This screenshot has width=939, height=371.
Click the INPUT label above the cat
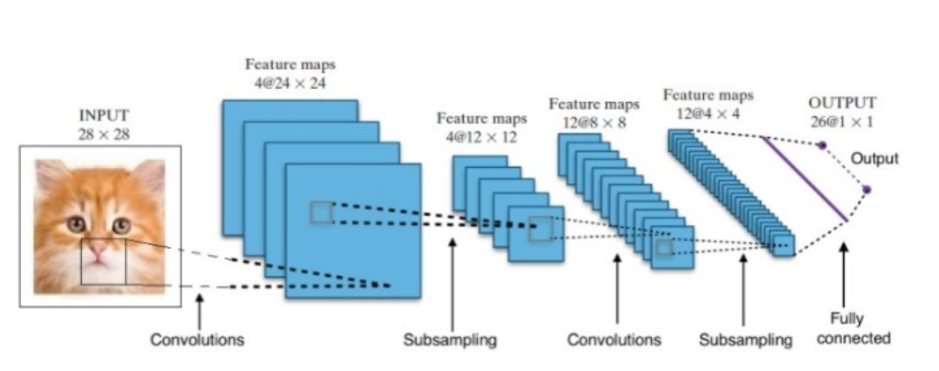pyautogui.click(x=104, y=115)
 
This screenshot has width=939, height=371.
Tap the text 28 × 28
pyautogui.click(x=104, y=134)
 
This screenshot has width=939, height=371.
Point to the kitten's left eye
pyautogui.click(x=76, y=225)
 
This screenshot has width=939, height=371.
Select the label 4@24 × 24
pyautogui.click(x=290, y=83)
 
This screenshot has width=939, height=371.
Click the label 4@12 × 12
pyautogui.click(x=481, y=137)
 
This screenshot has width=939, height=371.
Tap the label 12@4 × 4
pyautogui.click(x=708, y=113)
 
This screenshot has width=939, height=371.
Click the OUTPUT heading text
pyautogui.click(x=842, y=103)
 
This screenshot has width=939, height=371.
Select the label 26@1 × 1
pyautogui.click(x=841, y=122)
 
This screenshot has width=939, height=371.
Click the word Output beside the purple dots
pyautogui.click(x=875, y=158)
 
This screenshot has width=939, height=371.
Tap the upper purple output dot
pyautogui.click(x=822, y=145)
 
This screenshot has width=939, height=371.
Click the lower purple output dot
pyautogui.click(x=866, y=190)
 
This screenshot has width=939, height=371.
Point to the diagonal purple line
pyautogui.click(x=804, y=178)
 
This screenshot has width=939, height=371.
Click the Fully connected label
pyautogui.click(x=854, y=329)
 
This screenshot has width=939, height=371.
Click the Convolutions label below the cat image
pyautogui.click(x=197, y=340)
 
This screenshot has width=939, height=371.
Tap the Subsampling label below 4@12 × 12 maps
pyautogui.click(x=450, y=340)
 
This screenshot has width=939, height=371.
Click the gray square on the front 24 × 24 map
pyautogui.click(x=321, y=213)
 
